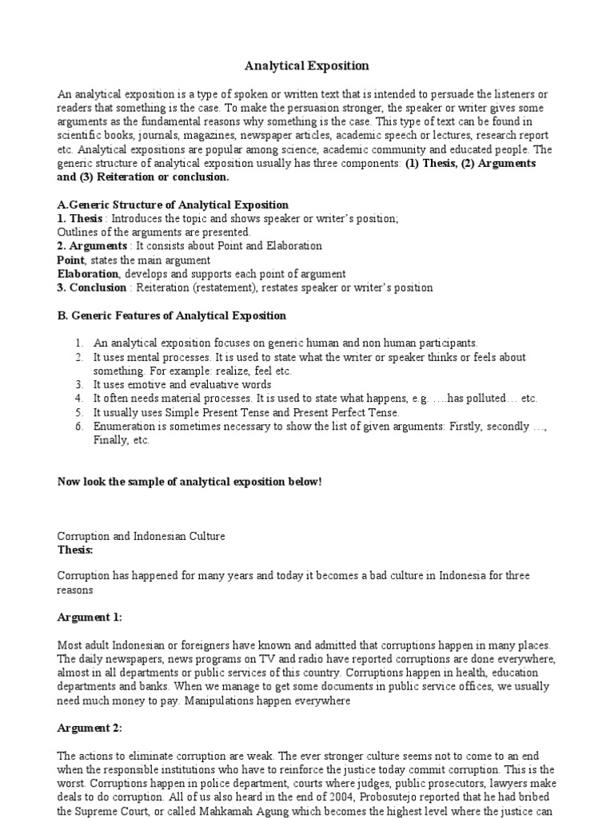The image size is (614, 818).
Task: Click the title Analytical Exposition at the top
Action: tap(307, 66)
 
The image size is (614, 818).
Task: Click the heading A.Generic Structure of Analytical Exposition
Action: tap(173, 205)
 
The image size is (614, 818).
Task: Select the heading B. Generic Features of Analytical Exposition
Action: tap(171, 316)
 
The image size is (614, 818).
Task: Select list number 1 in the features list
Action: tap(79, 343)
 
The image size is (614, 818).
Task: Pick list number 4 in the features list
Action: tap(79, 398)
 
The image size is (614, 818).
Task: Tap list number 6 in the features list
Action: tap(79, 426)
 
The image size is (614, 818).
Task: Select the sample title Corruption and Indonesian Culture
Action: tap(142, 536)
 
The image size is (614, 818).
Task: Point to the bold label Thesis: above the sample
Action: tap(76, 550)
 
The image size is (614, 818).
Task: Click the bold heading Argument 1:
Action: tap(90, 617)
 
